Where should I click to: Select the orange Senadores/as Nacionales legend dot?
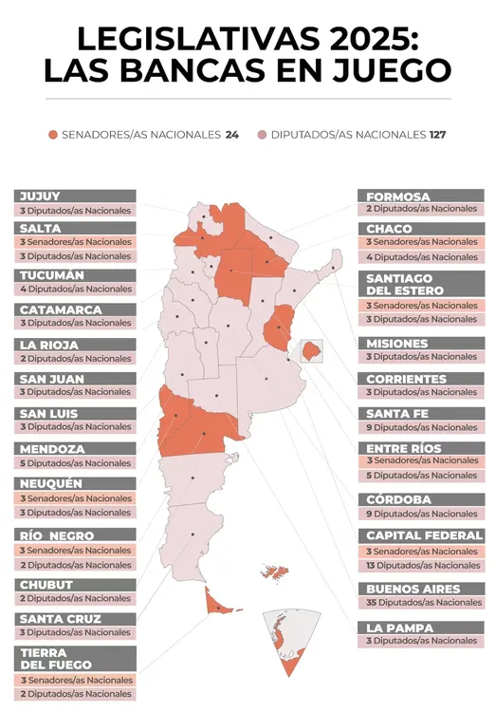54,135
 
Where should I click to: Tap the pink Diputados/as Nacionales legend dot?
263,135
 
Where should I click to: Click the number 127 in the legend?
437,135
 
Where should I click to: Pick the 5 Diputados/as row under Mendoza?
74,463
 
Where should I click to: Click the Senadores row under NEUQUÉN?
74,498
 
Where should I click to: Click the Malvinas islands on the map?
276,572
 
